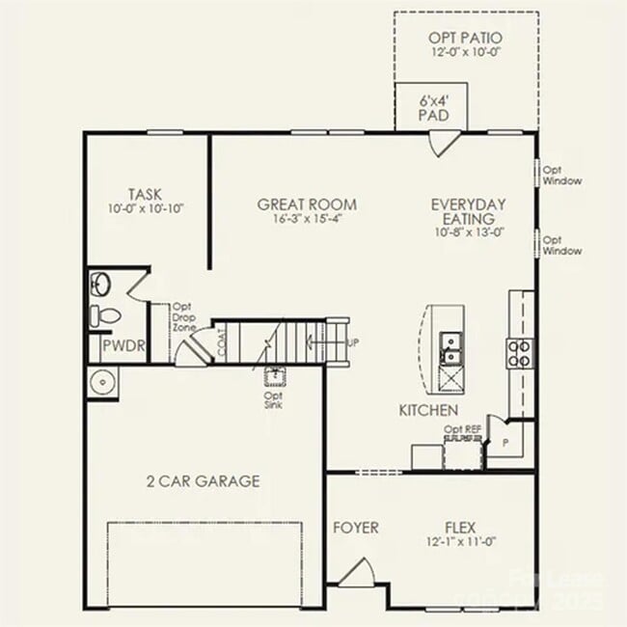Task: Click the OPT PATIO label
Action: click(466, 38)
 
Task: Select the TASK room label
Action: click(146, 193)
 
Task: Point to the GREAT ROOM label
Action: click(307, 204)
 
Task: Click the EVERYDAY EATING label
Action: click(468, 211)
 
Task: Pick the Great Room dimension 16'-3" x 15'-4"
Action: click(307, 219)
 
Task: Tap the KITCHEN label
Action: click(428, 410)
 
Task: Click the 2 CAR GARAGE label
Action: click(203, 480)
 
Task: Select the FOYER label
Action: click(355, 528)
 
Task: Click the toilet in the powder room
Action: click(103, 314)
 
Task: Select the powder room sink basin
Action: click(101, 284)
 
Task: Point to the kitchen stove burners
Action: click(520, 353)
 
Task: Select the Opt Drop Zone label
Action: click(183, 316)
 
